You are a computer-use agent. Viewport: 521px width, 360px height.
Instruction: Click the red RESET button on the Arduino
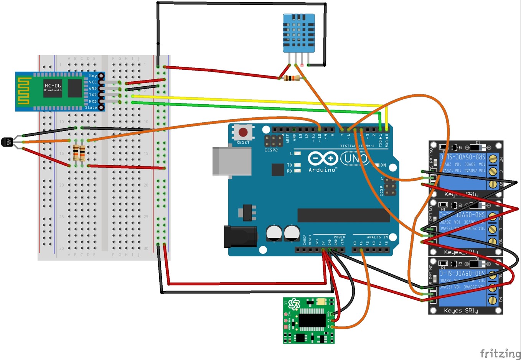[x=243, y=132]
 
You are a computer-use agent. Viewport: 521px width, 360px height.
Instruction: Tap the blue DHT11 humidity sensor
[x=298, y=33]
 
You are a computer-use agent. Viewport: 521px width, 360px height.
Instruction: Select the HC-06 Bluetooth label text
[x=53, y=86]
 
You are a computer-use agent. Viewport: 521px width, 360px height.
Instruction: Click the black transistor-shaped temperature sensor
[x=7, y=142]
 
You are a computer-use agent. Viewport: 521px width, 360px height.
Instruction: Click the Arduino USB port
[x=232, y=161]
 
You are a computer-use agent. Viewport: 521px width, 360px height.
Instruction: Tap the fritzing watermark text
[x=500, y=353]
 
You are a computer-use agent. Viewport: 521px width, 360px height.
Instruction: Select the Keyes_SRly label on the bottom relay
[x=461, y=311]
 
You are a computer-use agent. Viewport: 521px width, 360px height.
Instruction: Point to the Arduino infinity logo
[x=323, y=158]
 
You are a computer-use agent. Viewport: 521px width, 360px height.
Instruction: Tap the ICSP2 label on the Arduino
[x=271, y=150]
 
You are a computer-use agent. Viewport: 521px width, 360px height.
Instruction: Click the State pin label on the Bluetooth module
[x=91, y=108]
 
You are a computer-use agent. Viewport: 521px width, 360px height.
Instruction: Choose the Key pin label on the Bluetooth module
[x=93, y=76]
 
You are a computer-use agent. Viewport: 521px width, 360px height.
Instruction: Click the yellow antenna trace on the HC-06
[x=24, y=91]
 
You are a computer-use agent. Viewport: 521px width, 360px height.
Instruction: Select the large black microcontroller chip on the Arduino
[x=343, y=215]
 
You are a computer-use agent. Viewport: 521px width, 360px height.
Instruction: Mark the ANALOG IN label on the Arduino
[x=377, y=237]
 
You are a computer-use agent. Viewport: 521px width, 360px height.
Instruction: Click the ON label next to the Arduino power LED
[x=383, y=165]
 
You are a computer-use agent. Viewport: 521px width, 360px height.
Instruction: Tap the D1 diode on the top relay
[x=478, y=147]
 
